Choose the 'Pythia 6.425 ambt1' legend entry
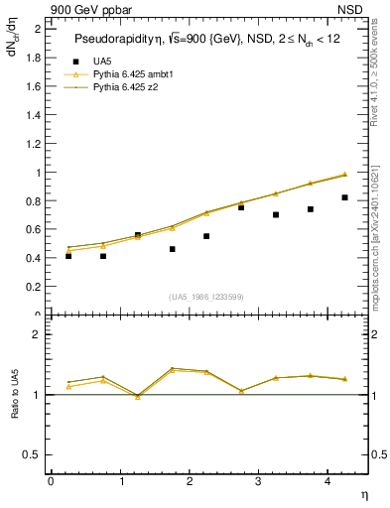coord(133,74)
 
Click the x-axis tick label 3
coord(257,481)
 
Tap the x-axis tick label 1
coord(119,481)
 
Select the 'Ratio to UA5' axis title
coord(15,411)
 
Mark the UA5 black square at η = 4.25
coord(344,197)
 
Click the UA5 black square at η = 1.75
coord(172,249)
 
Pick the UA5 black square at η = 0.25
coord(68,256)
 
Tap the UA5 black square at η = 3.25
coord(276,214)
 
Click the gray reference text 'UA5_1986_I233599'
coord(207,296)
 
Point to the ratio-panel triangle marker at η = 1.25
coord(137,397)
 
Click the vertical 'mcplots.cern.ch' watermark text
coord(378,253)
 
